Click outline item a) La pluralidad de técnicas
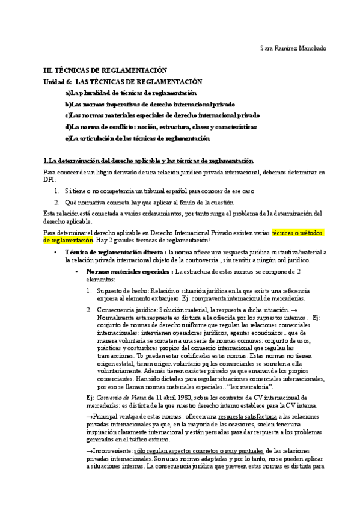(x=130, y=93)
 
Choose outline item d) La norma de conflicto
(x=160, y=127)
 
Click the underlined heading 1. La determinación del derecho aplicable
(x=148, y=161)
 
